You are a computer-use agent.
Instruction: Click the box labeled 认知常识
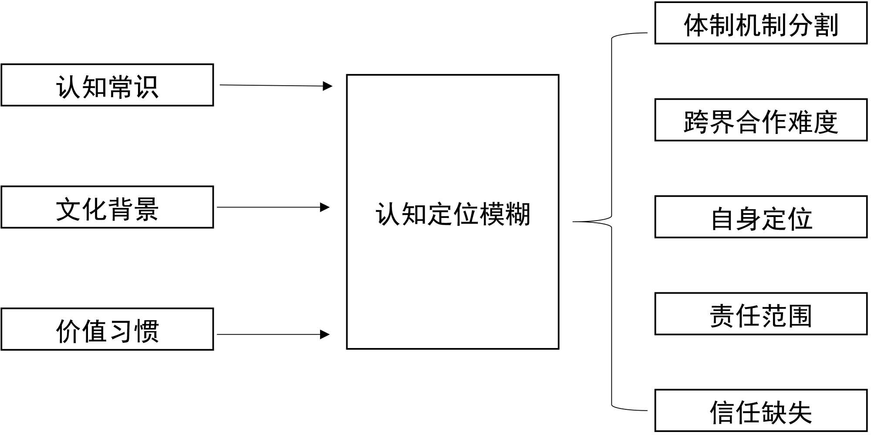click(107, 85)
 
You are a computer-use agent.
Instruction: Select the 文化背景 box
click(107, 207)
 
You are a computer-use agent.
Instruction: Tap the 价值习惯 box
click(107, 329)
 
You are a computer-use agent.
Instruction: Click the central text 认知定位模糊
click(453, 214)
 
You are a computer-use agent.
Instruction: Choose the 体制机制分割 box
click(761, 23)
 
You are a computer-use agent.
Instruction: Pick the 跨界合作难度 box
click(761, 120)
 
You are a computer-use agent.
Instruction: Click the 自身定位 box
click(761, 217)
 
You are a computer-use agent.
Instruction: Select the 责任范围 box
click(761, 314)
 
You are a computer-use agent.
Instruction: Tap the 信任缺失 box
click(761, 411)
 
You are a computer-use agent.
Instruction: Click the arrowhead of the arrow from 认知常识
click(328, 86)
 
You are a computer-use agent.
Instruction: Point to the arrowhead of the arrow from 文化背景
click(325, 207)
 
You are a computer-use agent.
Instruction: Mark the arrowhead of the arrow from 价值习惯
click(325, 335)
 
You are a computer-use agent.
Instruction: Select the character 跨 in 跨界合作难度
click(696, 121)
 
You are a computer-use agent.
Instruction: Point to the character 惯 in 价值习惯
click(147, 331)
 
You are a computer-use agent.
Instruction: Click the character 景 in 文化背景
click(147, 209)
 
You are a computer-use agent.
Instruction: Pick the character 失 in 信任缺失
click(800, 412)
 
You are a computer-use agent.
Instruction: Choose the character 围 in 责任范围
click(800, 315)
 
